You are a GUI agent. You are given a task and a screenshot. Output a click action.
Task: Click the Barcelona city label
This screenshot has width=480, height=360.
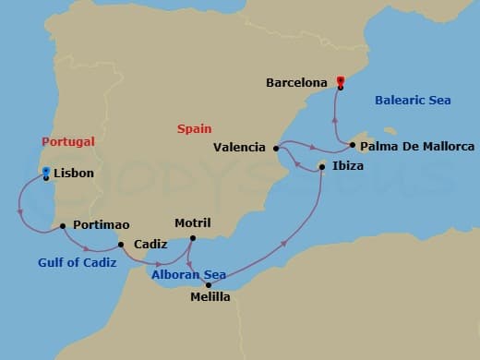click(296, 82)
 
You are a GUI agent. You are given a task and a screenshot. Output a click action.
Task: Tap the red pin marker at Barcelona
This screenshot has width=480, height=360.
click(341, 81)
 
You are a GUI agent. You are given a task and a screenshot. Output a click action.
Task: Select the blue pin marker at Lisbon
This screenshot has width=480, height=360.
click(45, 173)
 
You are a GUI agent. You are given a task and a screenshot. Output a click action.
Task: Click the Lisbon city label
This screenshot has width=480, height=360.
click(74, 173)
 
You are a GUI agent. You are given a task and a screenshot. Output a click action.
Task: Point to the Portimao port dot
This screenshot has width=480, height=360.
click(62, 225)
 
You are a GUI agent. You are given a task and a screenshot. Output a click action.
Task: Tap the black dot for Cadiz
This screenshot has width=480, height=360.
click(120, 245)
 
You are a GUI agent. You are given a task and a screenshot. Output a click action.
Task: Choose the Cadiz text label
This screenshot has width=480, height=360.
click(150, 245)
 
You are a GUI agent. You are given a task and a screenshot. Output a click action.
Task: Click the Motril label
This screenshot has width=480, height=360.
click(193, 223)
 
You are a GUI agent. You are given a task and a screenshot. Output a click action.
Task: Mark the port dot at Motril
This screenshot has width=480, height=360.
click(191, 239)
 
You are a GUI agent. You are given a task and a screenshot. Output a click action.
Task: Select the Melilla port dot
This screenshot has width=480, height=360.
click(209, 284)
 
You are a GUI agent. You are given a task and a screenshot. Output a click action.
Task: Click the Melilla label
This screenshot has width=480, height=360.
click(210, 297)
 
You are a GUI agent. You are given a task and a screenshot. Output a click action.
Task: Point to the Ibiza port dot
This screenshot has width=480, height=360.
click(321, 166)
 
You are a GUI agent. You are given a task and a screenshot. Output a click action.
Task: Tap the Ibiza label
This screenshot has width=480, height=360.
click(348, 166)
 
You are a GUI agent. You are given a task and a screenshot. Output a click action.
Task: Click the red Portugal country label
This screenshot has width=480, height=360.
click(68, 141)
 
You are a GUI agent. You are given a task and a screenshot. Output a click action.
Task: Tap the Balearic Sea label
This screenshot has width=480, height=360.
click(413, 100)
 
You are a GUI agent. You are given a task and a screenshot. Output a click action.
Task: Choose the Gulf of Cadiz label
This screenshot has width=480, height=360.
click(77, 262)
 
